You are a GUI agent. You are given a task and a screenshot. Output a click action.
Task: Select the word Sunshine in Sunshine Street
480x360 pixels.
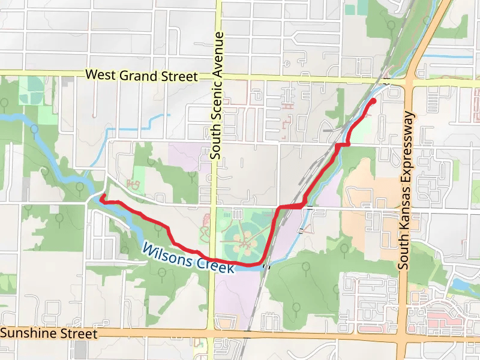(29, 332)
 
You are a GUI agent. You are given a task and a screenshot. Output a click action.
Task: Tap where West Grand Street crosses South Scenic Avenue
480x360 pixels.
(218, 77)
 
